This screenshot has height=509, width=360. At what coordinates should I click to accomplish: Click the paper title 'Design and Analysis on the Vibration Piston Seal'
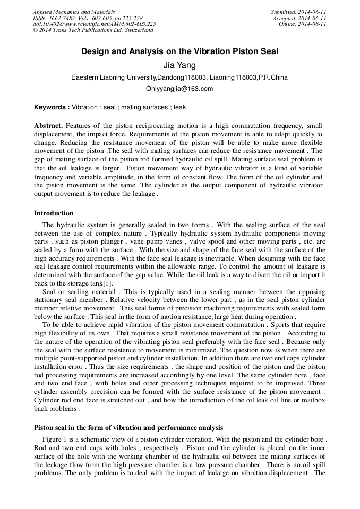point(179,52)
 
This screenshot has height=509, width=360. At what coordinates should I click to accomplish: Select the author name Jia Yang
point(179,65)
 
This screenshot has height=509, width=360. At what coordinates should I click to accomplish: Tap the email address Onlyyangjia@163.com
point(179,89)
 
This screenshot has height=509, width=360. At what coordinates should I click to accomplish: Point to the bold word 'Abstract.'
point(48,126)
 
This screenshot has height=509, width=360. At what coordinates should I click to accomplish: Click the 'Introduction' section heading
point(54,213)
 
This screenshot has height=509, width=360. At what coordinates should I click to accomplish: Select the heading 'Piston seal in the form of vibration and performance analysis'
point(128,427)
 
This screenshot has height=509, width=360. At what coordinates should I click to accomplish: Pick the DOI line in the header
point(94,24)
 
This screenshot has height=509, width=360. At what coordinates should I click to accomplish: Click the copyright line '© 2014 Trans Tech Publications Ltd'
point(93,30)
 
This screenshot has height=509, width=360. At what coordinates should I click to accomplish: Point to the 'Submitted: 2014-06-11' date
point(298,12)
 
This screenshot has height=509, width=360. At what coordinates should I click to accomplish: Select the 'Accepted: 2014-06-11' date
point(299,18)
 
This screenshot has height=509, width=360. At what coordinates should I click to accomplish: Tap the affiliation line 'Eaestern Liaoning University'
point(179,77)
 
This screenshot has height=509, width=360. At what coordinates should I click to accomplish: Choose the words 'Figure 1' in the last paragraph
point(54,441)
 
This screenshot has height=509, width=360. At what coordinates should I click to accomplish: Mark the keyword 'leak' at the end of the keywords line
point(180,107)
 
